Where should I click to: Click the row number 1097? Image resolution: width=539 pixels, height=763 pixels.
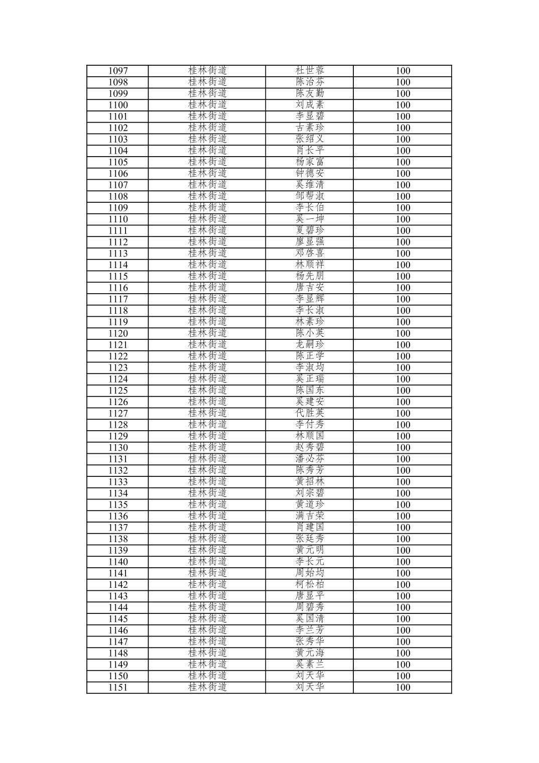[118, 71]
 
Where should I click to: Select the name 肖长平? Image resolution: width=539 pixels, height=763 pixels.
[310, 151]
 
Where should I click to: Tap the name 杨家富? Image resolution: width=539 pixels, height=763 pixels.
[310, 162]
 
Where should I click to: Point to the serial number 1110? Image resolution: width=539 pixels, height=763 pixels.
[118, 219]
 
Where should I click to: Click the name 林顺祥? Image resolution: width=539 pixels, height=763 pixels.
[310, 265]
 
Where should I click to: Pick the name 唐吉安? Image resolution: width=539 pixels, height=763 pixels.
[310, 288]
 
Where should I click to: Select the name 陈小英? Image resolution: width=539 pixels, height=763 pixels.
[310, 333]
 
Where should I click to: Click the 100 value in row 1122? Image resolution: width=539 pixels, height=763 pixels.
[402, 356]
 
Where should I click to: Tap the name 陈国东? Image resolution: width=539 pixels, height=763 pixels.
[310, 391]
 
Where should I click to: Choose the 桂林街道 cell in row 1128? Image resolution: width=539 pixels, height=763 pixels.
[207, 425]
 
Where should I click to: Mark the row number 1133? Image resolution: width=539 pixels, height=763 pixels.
[118, 482]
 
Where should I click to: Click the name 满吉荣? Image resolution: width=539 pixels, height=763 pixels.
[310, 516]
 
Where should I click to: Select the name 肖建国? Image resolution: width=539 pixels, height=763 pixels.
[310, 527]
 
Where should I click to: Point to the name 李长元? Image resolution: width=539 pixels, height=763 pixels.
[310, 562]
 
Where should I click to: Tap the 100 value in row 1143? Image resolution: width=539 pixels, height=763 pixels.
[402, 596]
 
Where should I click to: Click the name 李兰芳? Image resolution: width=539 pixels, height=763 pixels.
[310, 630]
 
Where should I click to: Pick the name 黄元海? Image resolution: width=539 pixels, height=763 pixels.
[310, 653]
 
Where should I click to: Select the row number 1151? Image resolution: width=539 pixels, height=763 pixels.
[118, 688]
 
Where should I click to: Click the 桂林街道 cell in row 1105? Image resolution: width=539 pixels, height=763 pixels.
[207, 162]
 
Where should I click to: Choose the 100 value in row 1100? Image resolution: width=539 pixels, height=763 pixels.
[402, 105]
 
